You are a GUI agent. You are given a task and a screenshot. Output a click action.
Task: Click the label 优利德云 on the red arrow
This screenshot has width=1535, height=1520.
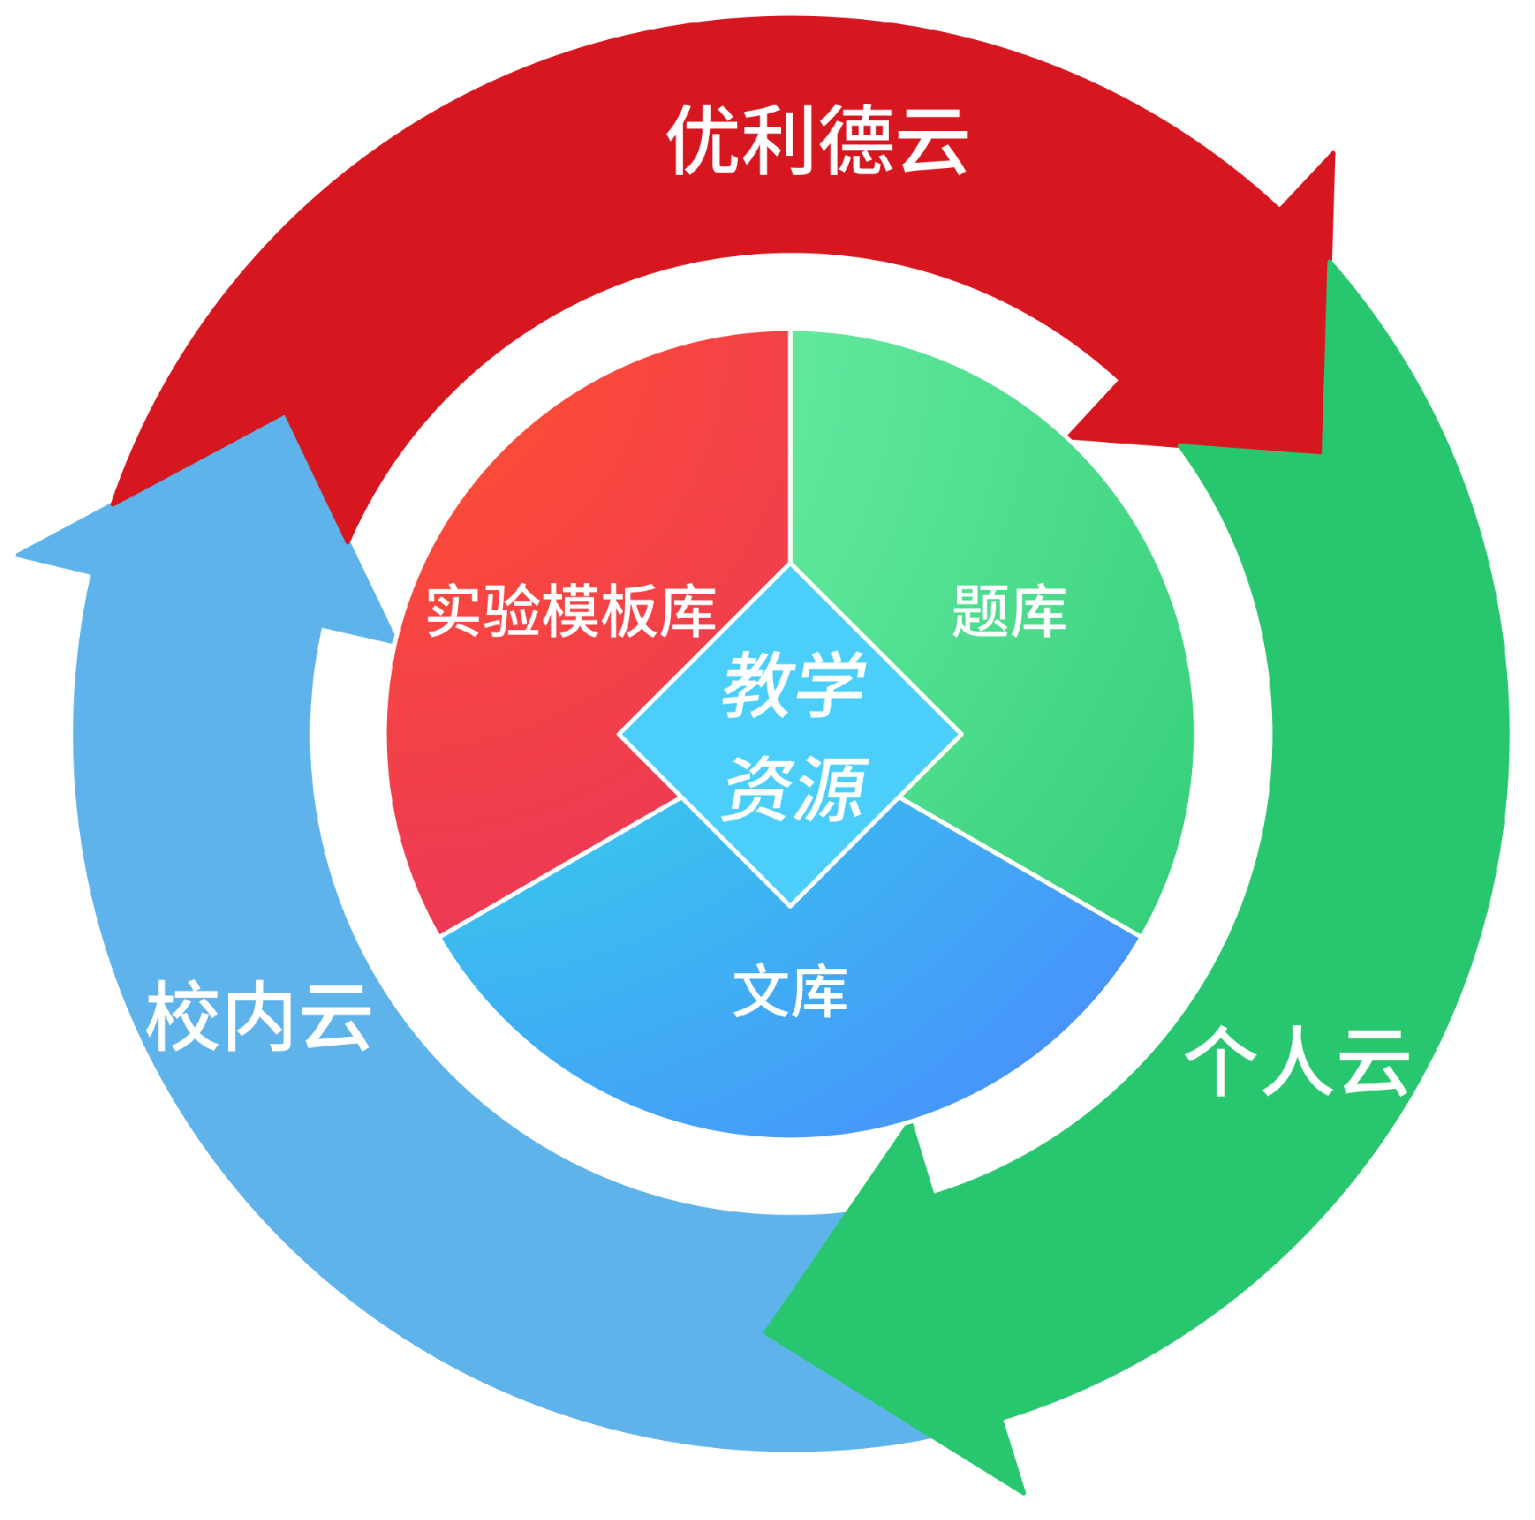(x=817, y=141)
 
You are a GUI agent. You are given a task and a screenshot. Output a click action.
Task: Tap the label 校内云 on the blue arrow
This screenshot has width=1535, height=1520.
(x=258, y=1016)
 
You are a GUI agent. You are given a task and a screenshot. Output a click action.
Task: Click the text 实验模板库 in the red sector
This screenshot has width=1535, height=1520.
(x=571, y=611)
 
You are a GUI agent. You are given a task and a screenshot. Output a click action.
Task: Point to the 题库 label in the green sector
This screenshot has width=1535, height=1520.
(x=1009, y=612)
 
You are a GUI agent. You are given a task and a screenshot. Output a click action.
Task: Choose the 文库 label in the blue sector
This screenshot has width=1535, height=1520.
(x=790, y=991)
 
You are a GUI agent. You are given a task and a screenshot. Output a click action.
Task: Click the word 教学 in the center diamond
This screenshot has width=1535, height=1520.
(x=794, y=684)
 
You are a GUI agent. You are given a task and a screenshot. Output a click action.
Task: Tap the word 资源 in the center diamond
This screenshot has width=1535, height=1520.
(x=794, y=789)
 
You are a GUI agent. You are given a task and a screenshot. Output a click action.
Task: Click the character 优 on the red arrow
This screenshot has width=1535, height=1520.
(x=702, y=141)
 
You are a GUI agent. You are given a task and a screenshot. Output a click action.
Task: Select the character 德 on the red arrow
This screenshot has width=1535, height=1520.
(x=856, y=141)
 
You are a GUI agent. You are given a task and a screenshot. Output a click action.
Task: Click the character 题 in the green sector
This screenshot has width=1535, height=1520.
(x=980, y=612)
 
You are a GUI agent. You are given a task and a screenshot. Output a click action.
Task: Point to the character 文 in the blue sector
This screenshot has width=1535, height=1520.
(x=761, y=991)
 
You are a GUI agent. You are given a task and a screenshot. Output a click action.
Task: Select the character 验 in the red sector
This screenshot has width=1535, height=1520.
(x=512, y=611)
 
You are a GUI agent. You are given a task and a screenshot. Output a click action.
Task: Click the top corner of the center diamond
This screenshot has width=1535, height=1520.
(x=790, y=565)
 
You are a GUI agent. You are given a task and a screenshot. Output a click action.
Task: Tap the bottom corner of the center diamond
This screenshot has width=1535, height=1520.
(x=790, y=906)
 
